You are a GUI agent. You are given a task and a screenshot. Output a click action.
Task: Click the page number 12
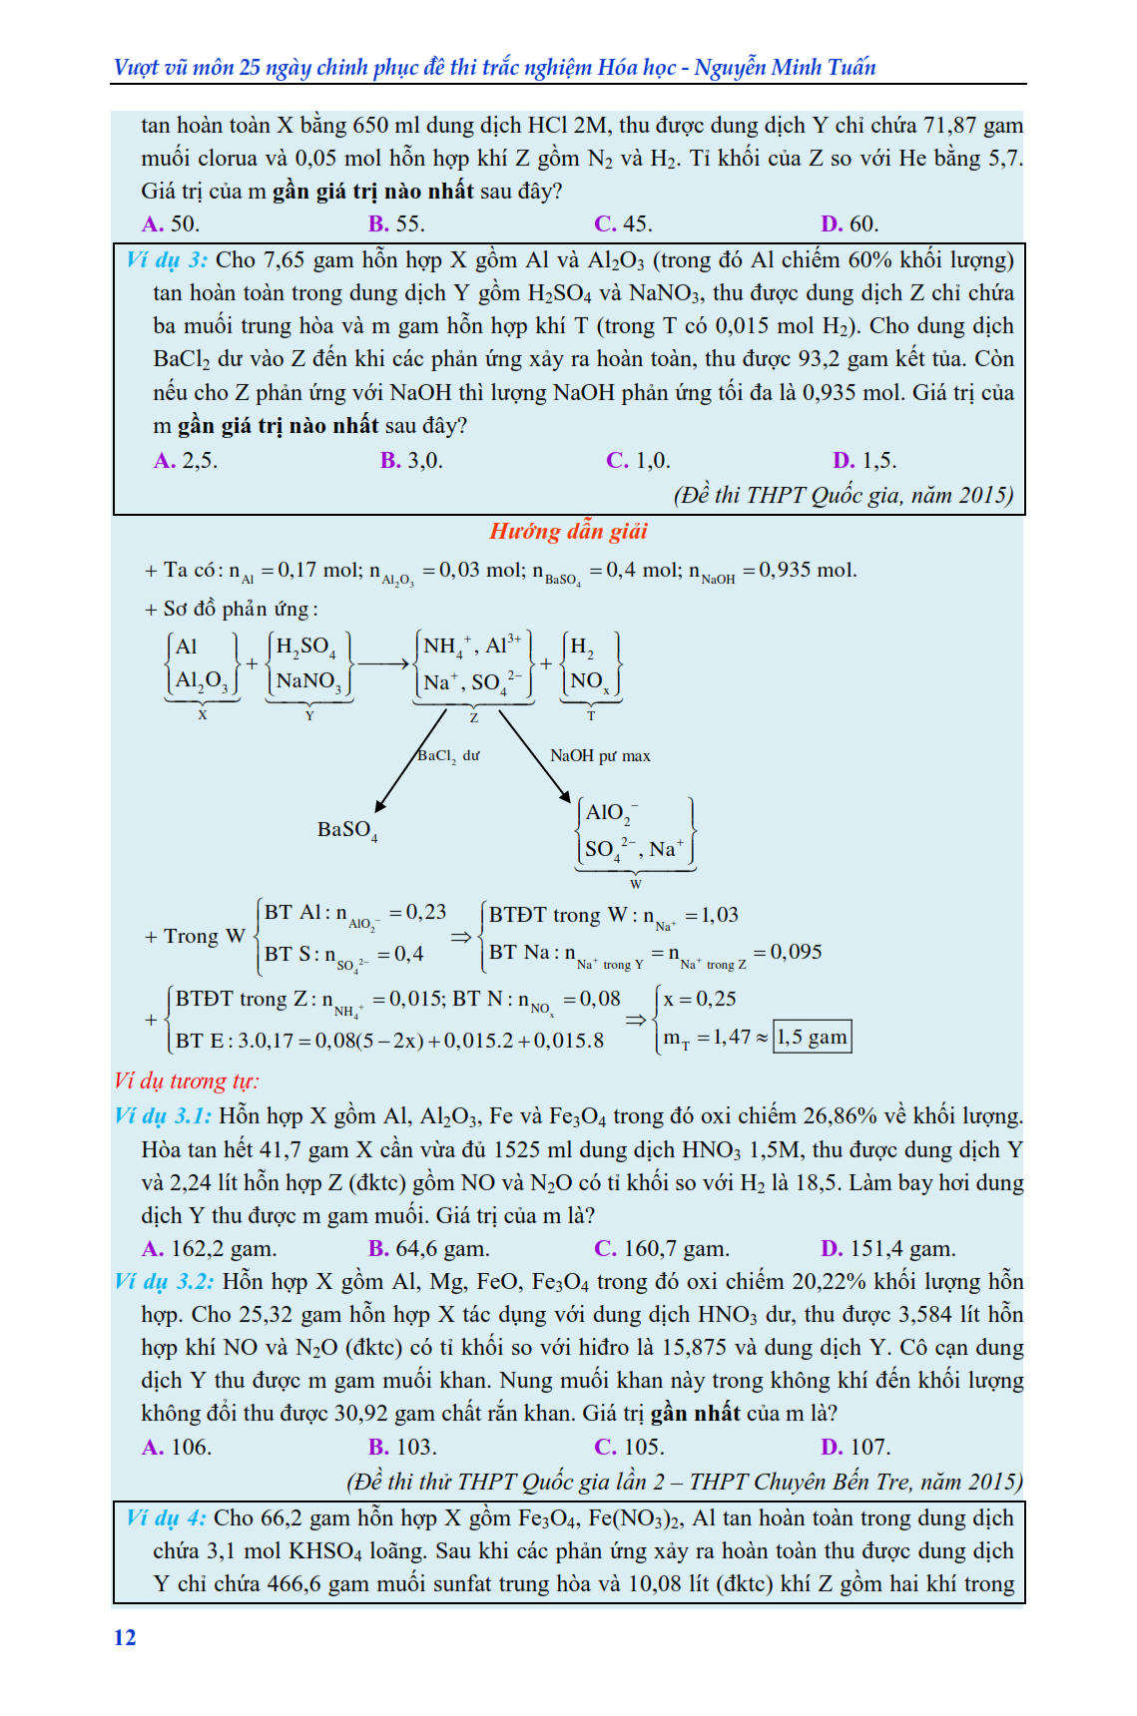[125, 1637]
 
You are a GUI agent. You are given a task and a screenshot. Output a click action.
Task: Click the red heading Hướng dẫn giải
[568, 531]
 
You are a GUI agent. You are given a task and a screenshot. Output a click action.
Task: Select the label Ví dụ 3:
[167, 260]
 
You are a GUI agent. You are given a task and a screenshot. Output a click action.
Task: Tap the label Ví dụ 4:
[166, 1517]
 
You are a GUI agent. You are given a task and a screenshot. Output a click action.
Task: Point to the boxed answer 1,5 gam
[813, 1037]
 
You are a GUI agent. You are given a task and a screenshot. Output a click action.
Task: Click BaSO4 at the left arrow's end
[346, 830]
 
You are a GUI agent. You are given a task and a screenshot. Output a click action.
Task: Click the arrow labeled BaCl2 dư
[410, 759]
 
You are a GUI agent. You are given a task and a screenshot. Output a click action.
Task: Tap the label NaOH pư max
[600, 755]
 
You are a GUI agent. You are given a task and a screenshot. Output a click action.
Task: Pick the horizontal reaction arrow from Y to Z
[384, 663]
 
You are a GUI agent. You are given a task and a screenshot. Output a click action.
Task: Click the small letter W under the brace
[636, 884]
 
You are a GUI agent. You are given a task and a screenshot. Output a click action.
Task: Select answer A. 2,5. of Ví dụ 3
[186, 461]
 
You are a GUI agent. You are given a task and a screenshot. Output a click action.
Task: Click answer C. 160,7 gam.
[662, 1248]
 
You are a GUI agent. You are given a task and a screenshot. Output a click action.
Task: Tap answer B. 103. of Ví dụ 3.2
[402, 1447]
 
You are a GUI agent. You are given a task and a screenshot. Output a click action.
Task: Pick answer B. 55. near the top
[396, 223]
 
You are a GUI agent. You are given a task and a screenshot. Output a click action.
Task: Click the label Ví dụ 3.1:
[163, 1115]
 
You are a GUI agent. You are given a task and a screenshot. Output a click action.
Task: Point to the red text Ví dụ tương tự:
[187, 1080]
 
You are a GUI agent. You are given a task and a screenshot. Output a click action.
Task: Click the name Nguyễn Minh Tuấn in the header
[785, 68]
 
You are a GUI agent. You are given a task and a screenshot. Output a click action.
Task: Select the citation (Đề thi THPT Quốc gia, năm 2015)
[844, 495]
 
